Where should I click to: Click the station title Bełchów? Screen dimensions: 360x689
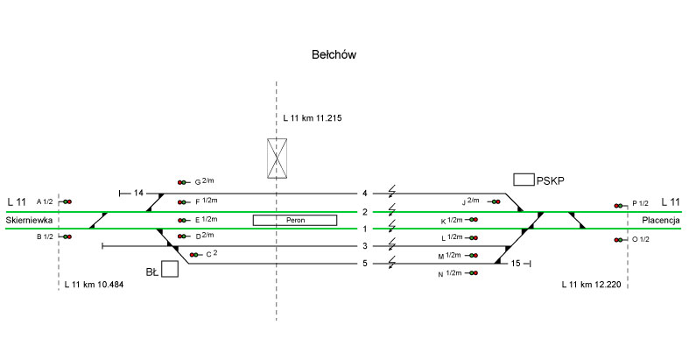(334, 55)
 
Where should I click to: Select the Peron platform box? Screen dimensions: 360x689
(294, 220)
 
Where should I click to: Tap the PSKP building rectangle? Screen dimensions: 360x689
(524, 180)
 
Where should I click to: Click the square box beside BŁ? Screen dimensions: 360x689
(170, 269)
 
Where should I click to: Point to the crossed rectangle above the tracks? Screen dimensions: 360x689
(277, 158)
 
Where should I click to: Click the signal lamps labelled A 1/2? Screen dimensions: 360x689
(67, 201)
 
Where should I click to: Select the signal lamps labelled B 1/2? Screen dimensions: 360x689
(67, 236)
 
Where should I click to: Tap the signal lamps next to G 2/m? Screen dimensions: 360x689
(183, 182)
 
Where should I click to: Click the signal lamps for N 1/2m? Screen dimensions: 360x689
(473, 274)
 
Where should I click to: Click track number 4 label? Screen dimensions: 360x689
(364, 193)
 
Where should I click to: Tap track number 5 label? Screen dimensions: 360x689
(364, 263)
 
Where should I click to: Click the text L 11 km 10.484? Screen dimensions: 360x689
(94, 285)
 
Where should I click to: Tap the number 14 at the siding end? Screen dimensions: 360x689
(137, 193)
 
